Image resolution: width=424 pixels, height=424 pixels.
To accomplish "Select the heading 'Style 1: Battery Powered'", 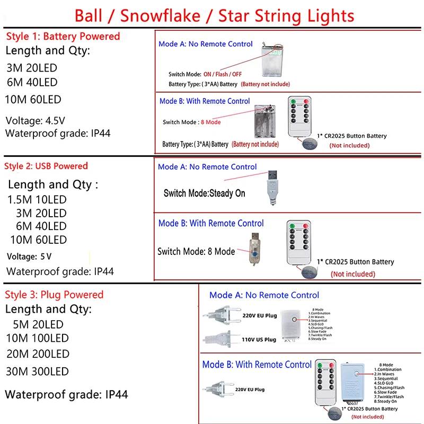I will pyautogui.click(x=63, y=37).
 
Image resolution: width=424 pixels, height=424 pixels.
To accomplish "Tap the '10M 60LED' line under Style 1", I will pyautogui.click(x=33, y=100).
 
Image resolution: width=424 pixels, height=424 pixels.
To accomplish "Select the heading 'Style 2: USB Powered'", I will pyautogui.click(x=46, y=166).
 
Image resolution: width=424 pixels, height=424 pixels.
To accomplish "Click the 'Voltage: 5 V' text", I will pyautogui.click(x=29, y=257).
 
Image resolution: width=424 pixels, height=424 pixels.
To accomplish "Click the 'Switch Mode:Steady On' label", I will pyautogui.click(x=204, y=193).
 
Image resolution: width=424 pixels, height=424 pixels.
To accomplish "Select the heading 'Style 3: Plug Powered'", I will pyautogui.click(x=54, y=295).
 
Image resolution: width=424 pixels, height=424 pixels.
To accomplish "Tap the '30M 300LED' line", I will pyautogui.click(x=37, y=372).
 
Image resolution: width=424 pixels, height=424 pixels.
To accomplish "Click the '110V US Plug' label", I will pyautogui.click(x=259, y=339).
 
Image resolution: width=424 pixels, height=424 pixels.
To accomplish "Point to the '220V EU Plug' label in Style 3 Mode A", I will pyautogui.click(x=260, y=316).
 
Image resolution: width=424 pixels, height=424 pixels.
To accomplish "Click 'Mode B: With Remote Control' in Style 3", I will pyautogui.click(x=257, y=365).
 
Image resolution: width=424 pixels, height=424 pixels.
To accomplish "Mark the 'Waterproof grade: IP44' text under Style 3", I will pyautogui.click(x=66, y=394).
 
